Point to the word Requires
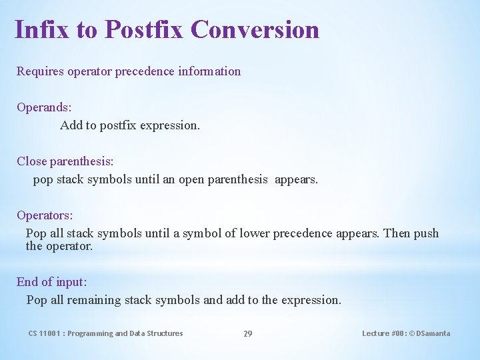40,71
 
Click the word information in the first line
209,71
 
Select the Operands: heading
44,107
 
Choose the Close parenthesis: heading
65,161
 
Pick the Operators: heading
45,215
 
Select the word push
427,233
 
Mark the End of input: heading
51,282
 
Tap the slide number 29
247,333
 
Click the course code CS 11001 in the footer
45,333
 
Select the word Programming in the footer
90,333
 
